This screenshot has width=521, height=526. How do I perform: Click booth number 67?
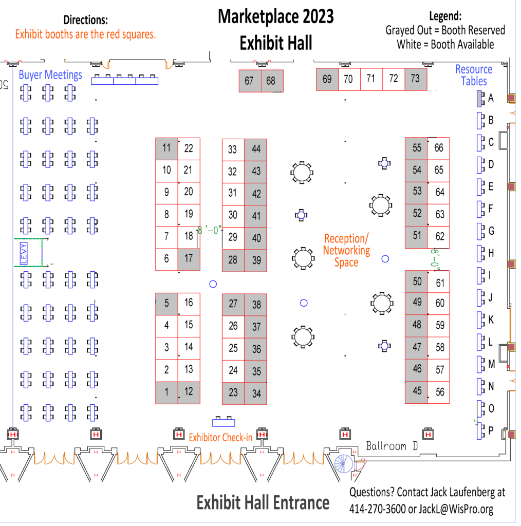250,81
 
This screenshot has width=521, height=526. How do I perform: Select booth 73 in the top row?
416,79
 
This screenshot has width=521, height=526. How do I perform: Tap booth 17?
189,259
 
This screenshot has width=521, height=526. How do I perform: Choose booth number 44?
256,150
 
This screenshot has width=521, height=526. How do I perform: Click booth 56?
438,392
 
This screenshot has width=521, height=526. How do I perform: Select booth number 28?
233,260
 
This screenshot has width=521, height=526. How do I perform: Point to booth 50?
416,281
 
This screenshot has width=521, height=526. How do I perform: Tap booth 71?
371,79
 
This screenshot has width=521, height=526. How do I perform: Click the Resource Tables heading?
474,75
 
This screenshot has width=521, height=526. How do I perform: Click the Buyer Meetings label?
50,75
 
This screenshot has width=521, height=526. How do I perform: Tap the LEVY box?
24,253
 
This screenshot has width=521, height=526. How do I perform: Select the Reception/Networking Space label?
346,250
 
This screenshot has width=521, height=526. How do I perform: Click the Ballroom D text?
392,446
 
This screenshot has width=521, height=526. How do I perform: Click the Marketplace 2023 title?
276,16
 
